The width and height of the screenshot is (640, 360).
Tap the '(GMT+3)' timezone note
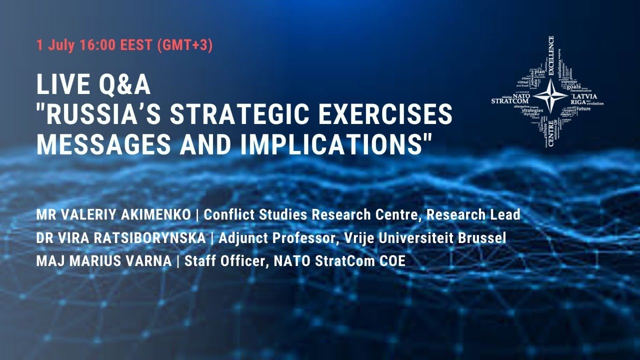[x=184, y=45]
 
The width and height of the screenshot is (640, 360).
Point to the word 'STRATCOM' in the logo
[x=509, y=100]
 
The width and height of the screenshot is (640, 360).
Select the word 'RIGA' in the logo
[x=578, y=102]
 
